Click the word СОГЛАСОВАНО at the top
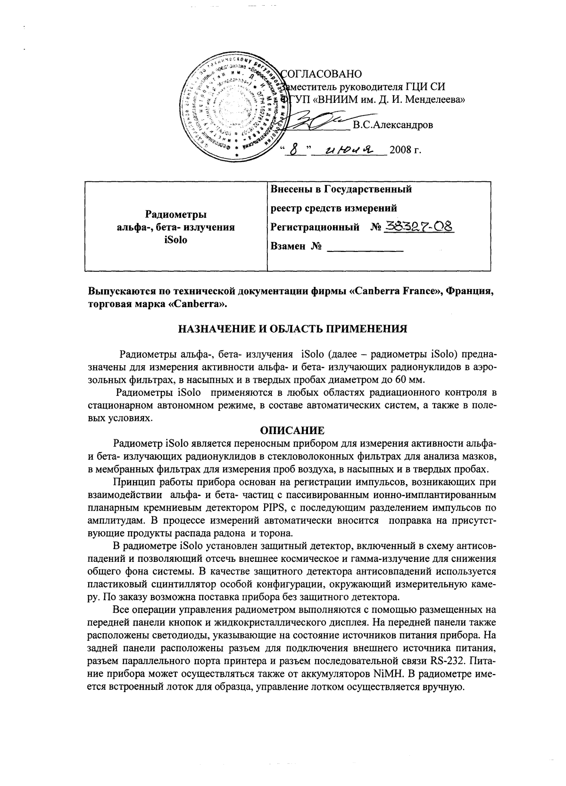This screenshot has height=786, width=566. click(x=321, y=74)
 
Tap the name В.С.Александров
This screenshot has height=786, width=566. click(x=392, y=125)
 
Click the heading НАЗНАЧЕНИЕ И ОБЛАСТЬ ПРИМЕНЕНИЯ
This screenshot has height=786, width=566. click(x=292, y=329)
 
